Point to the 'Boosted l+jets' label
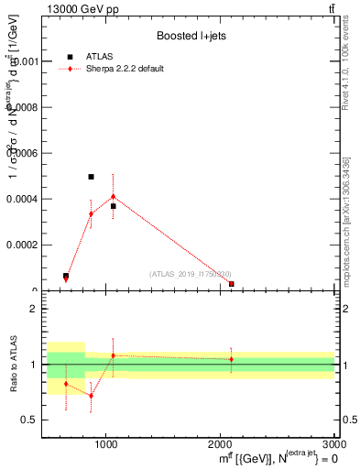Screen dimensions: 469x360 pos(191,36)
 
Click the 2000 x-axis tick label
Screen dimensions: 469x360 pos(220,444)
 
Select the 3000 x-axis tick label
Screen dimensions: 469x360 pos(333,444)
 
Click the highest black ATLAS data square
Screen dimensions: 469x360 pos(91,177)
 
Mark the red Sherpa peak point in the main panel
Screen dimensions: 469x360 pos(113,196)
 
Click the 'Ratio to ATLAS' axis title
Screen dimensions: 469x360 pos(12,365)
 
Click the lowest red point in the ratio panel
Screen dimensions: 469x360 pos(91,396)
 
